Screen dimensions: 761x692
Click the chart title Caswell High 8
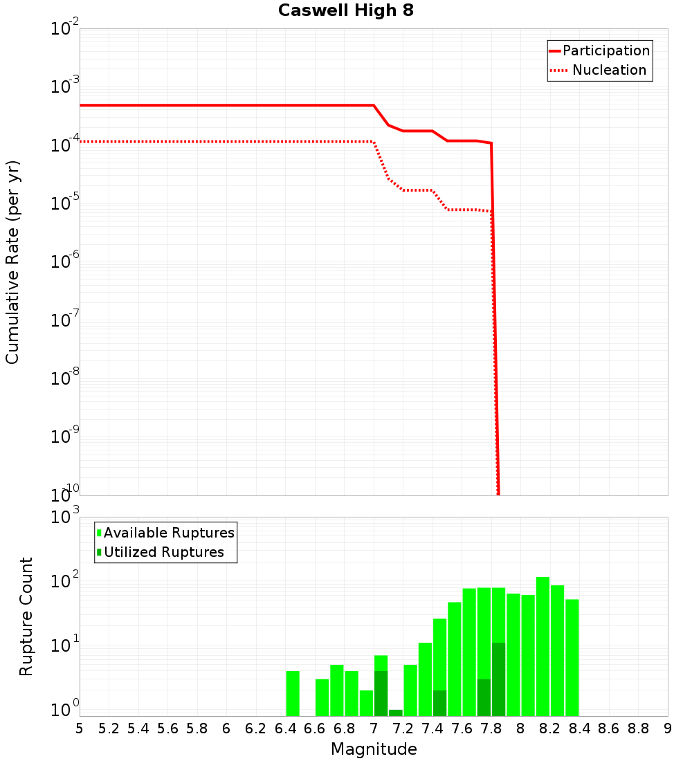click(x=346, y=11)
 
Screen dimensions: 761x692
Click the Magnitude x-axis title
click(x=374, y=749)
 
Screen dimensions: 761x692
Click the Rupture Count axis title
click(x=26, y=616)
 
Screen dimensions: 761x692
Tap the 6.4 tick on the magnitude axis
click(x=285, y=728)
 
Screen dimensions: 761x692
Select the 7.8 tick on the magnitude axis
click(x=491, y=728)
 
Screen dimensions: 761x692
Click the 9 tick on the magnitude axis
click(x=668, y=728)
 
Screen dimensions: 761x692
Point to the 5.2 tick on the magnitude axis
click(x=109, y=728)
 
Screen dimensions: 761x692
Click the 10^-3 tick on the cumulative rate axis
click(x=64, y=86)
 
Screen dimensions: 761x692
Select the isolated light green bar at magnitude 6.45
click(x=293, y=693)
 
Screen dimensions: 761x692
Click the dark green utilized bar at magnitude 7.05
click(x=381, y=693)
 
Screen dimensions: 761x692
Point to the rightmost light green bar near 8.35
click(x=572, y=657)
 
